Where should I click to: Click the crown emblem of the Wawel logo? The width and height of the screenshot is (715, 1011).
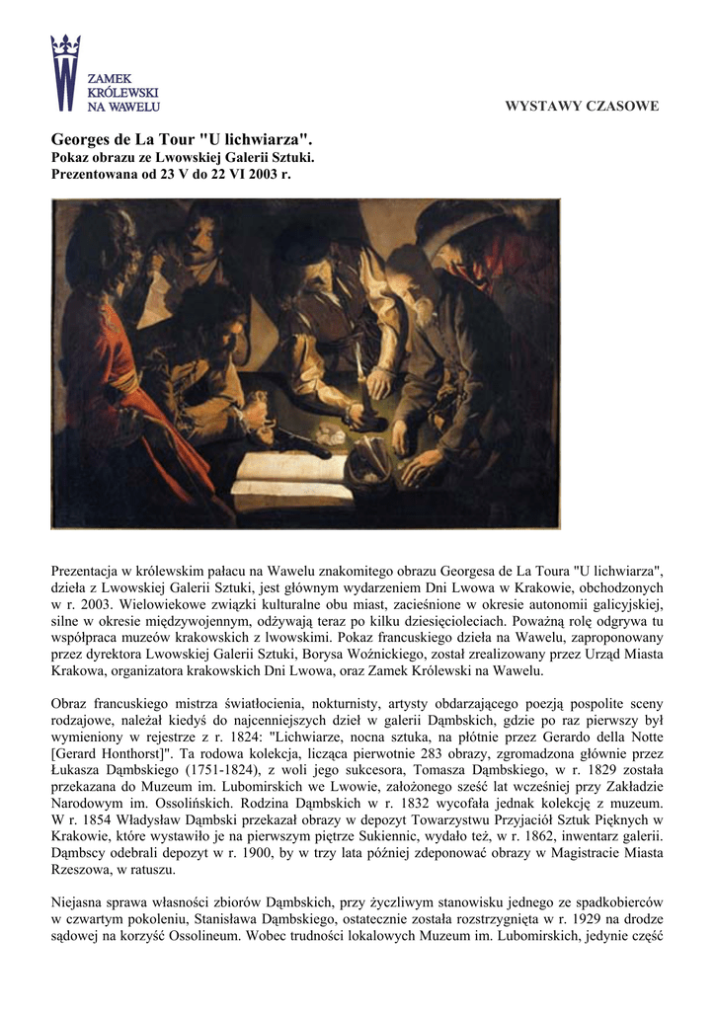[x=65, y=45]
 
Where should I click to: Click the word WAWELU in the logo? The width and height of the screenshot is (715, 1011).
[x=135, y=105]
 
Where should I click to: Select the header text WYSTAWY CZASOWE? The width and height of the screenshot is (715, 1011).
[x=582, y=106]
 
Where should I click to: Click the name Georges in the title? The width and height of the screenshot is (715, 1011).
[x=82, y=139]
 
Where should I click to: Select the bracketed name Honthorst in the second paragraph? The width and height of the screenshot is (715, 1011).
[x=138, y=754]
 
